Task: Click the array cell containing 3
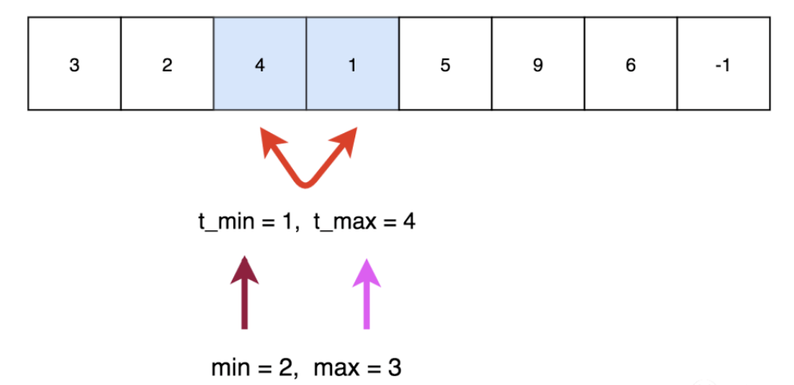click(x=75, y=64)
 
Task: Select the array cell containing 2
click(x=167, y=64)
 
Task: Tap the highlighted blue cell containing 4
click(x=259, y=64)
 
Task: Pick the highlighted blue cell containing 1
click(x=352, y=64)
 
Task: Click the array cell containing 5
click(x=445, y=64)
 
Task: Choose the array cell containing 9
click(x=537, y=64)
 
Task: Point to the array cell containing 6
click(x=630, y=64)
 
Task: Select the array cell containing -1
click(x=723, y=64)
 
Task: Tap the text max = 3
click(x=357, y=368)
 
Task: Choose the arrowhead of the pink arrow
click(x=366, y=272)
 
